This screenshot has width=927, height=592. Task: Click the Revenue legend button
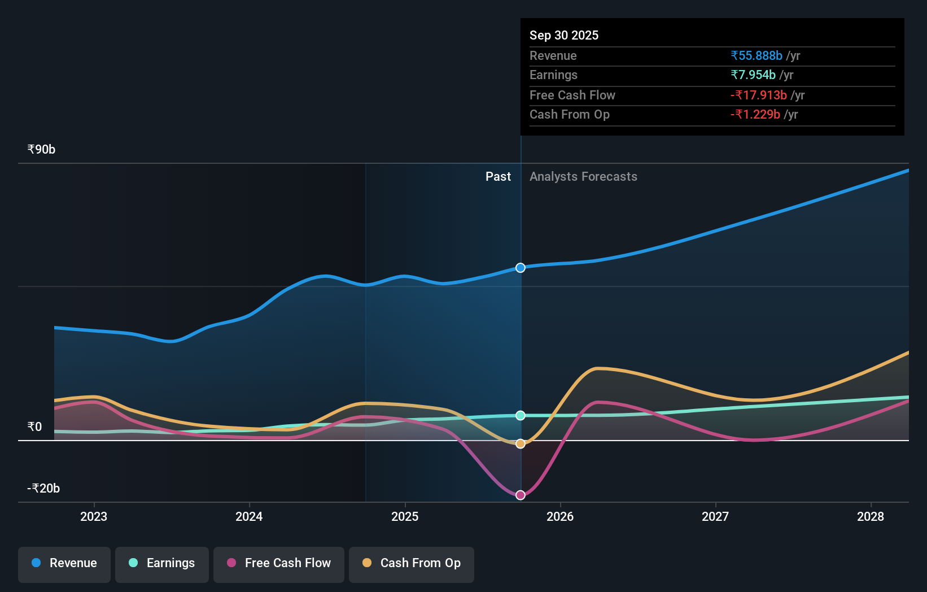64,563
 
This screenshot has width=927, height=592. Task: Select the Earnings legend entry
162,563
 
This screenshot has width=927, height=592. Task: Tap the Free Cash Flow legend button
279,563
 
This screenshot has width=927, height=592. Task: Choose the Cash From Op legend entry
412,563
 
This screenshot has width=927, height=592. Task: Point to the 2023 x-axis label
94,516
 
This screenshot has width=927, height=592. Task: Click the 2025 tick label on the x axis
405,516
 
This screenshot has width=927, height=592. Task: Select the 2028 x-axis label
871,516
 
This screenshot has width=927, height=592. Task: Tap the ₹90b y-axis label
41,149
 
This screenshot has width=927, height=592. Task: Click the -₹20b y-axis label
43,488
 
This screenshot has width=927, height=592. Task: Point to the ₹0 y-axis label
34,426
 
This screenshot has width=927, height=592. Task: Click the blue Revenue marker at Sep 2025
521,268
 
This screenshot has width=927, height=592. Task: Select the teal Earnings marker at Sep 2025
521,416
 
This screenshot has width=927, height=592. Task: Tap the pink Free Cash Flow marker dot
521,495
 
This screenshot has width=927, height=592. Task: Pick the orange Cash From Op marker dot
521,444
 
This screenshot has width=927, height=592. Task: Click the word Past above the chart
498,177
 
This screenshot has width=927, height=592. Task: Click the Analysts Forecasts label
583,177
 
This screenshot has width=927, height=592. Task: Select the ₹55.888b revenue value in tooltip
757,55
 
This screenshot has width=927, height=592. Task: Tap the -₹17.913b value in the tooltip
759,95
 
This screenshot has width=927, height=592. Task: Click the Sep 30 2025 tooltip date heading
564,35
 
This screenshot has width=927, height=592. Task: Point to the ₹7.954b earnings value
753,75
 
